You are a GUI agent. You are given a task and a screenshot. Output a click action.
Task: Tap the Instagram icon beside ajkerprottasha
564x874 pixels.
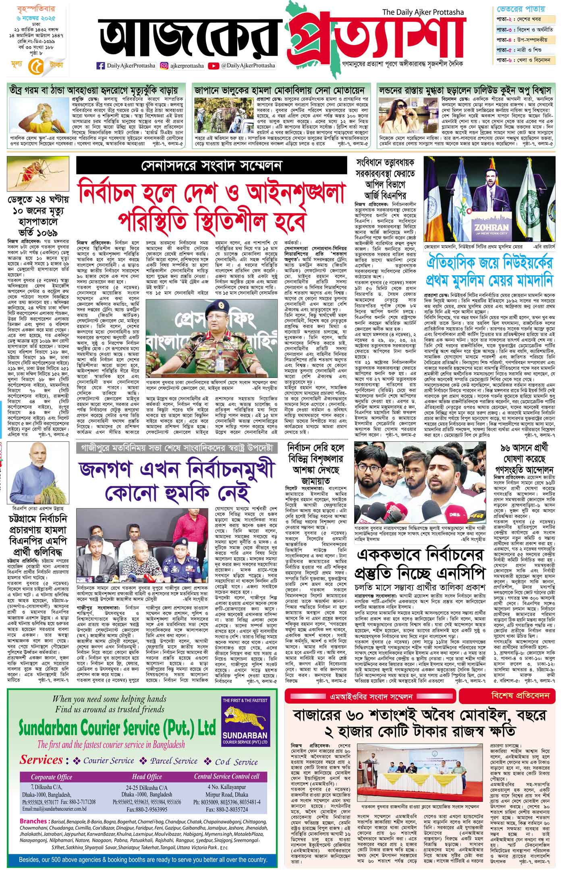164,66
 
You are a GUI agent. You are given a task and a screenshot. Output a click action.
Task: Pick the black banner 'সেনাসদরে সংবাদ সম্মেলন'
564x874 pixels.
212,164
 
